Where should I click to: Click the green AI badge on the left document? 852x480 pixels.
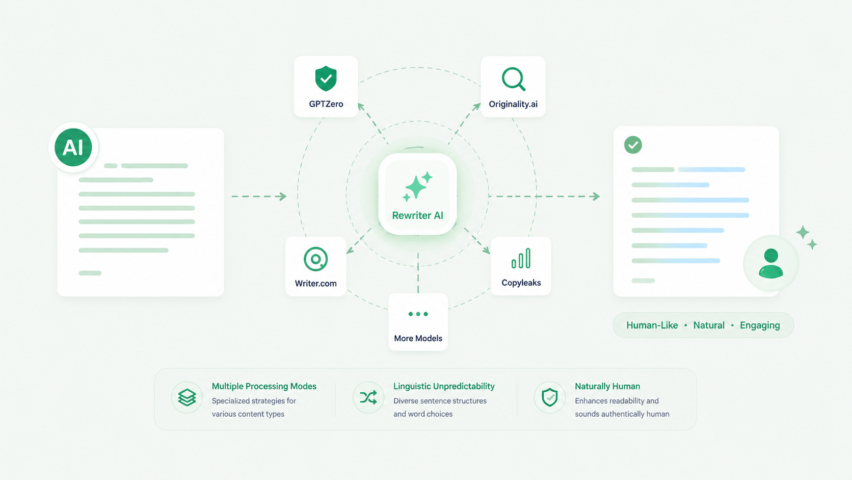[73, 147]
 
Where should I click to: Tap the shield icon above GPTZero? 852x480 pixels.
[326, 79]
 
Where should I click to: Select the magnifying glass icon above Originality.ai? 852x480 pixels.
[514, 79]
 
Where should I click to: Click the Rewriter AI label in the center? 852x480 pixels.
[418, 215]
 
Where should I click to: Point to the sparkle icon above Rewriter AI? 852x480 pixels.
[417, 186]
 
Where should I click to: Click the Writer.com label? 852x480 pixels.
[316, 283]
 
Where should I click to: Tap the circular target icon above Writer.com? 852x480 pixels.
[316, 259]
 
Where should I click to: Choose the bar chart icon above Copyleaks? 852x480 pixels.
[521, 259]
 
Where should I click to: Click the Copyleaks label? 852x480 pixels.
[521, 283]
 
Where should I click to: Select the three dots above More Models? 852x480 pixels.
[418, 314]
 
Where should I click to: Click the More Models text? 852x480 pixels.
[418, 338]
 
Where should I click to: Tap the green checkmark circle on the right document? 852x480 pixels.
[633, 145]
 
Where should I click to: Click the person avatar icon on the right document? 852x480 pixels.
[771, 263]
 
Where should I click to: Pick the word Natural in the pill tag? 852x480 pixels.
[709, 325]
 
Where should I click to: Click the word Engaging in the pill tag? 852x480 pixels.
[760, 325]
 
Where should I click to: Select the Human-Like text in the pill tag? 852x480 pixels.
[652, 325]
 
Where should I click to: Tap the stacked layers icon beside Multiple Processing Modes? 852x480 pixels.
[187, 398]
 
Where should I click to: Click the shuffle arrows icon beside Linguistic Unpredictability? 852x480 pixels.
[368, 398]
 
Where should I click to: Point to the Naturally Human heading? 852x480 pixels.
[607, 386]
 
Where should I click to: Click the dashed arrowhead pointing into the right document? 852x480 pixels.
[596, 196]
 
